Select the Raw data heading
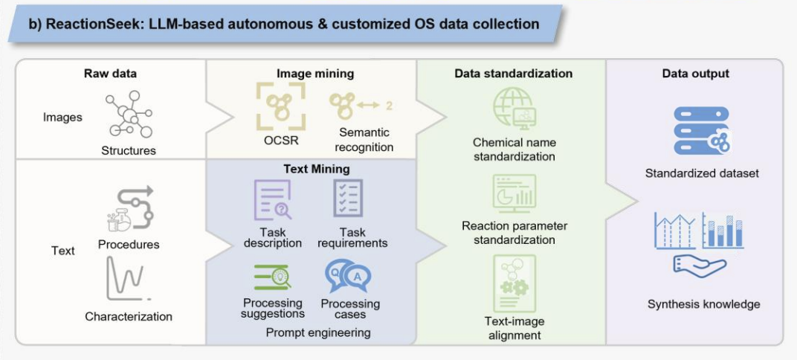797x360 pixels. [110, 74]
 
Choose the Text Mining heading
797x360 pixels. [317, 169]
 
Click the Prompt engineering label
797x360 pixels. [317, 332]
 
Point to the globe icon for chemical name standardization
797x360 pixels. [514, 109]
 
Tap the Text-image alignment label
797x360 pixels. [514, 328]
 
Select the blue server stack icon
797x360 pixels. [701, 130]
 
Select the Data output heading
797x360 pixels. [695, 74]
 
